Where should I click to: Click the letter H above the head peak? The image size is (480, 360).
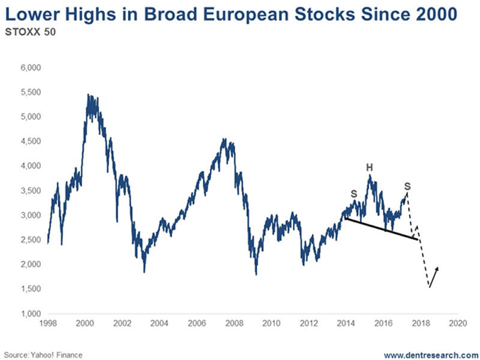click(370, 167)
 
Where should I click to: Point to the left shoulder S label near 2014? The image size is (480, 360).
click(354, 194)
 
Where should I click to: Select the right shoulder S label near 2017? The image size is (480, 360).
click(407, 185)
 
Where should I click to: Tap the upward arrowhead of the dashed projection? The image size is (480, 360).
click(438, 268)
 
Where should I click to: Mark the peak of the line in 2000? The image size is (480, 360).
click(88, 95)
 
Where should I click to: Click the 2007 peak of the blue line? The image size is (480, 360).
click(224, 139)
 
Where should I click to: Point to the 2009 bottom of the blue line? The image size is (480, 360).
click(256, 274)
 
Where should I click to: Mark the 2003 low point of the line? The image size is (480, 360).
click(144, 271)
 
